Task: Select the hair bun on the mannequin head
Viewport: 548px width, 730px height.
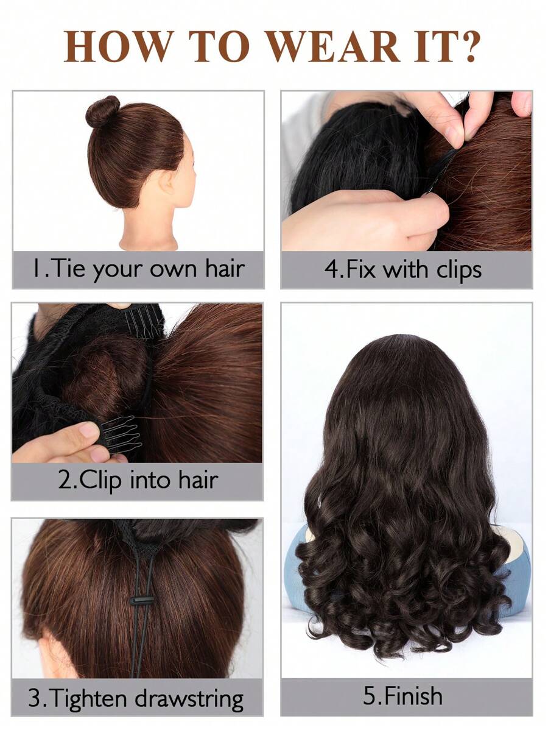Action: click(102, 111)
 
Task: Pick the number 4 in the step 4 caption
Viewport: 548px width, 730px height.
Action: click(332, 269)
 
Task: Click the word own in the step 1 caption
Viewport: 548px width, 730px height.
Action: click(172, 269)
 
